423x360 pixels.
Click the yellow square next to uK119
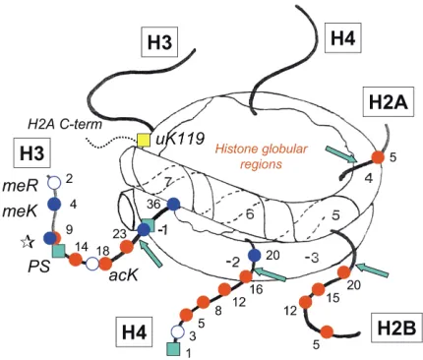(144, 140)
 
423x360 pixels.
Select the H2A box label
(389, 102)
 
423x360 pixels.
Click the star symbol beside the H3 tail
(28, 242)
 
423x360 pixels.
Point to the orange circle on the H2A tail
(378, 157)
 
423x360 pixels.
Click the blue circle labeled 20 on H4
(254, 255)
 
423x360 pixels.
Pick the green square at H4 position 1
(173, 348)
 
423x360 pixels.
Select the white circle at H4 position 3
(177, 331)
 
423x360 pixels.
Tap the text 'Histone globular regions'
(261, 156)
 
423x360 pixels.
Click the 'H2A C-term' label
(65, 124)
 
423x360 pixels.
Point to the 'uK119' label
(180, 140)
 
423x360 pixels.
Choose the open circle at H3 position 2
(54, 182)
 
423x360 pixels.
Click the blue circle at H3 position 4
(54, 204)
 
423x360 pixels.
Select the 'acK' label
(123, 275)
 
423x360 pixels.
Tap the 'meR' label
(21, 186)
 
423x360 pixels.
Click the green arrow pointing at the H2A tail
(341, 154)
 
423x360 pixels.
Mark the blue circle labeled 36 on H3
(173, 205)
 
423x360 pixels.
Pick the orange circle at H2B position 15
(318, 290)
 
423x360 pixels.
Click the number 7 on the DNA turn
(168, 182)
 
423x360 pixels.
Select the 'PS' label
(39, 267)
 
